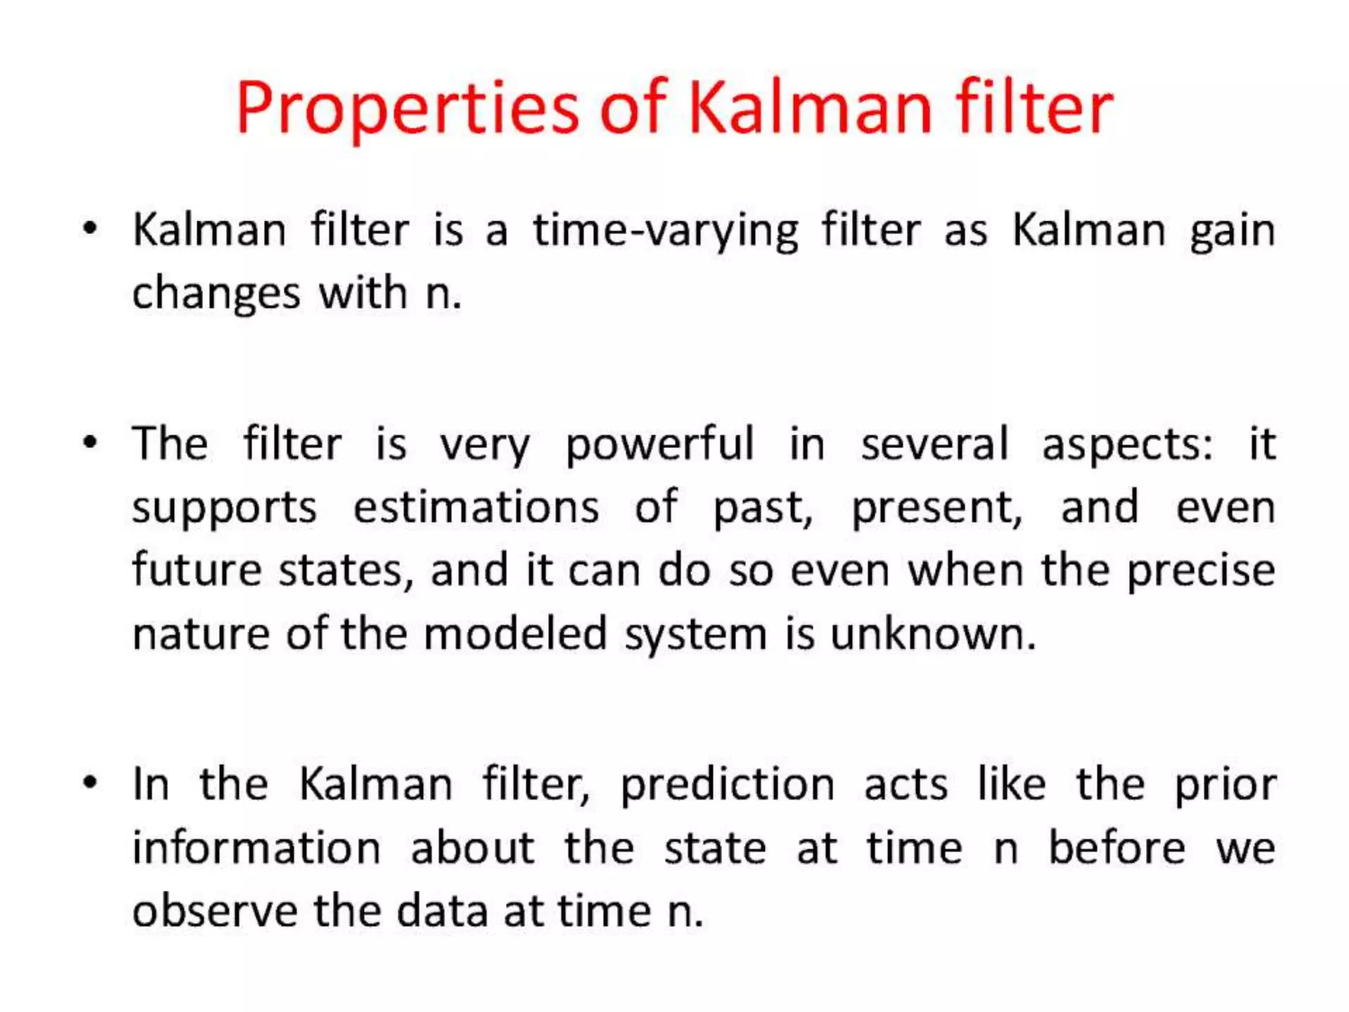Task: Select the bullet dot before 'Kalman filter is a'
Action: pos(90,229)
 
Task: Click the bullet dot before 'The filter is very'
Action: pos(90,442)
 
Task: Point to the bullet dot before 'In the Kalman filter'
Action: pos(90,783)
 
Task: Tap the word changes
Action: pos(216,294)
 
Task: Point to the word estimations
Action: pos(476,507)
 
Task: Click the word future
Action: pos(197,570)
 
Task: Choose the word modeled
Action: pos(514,634)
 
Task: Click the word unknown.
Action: pos(933,634)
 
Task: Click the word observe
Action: pos(215,911)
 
